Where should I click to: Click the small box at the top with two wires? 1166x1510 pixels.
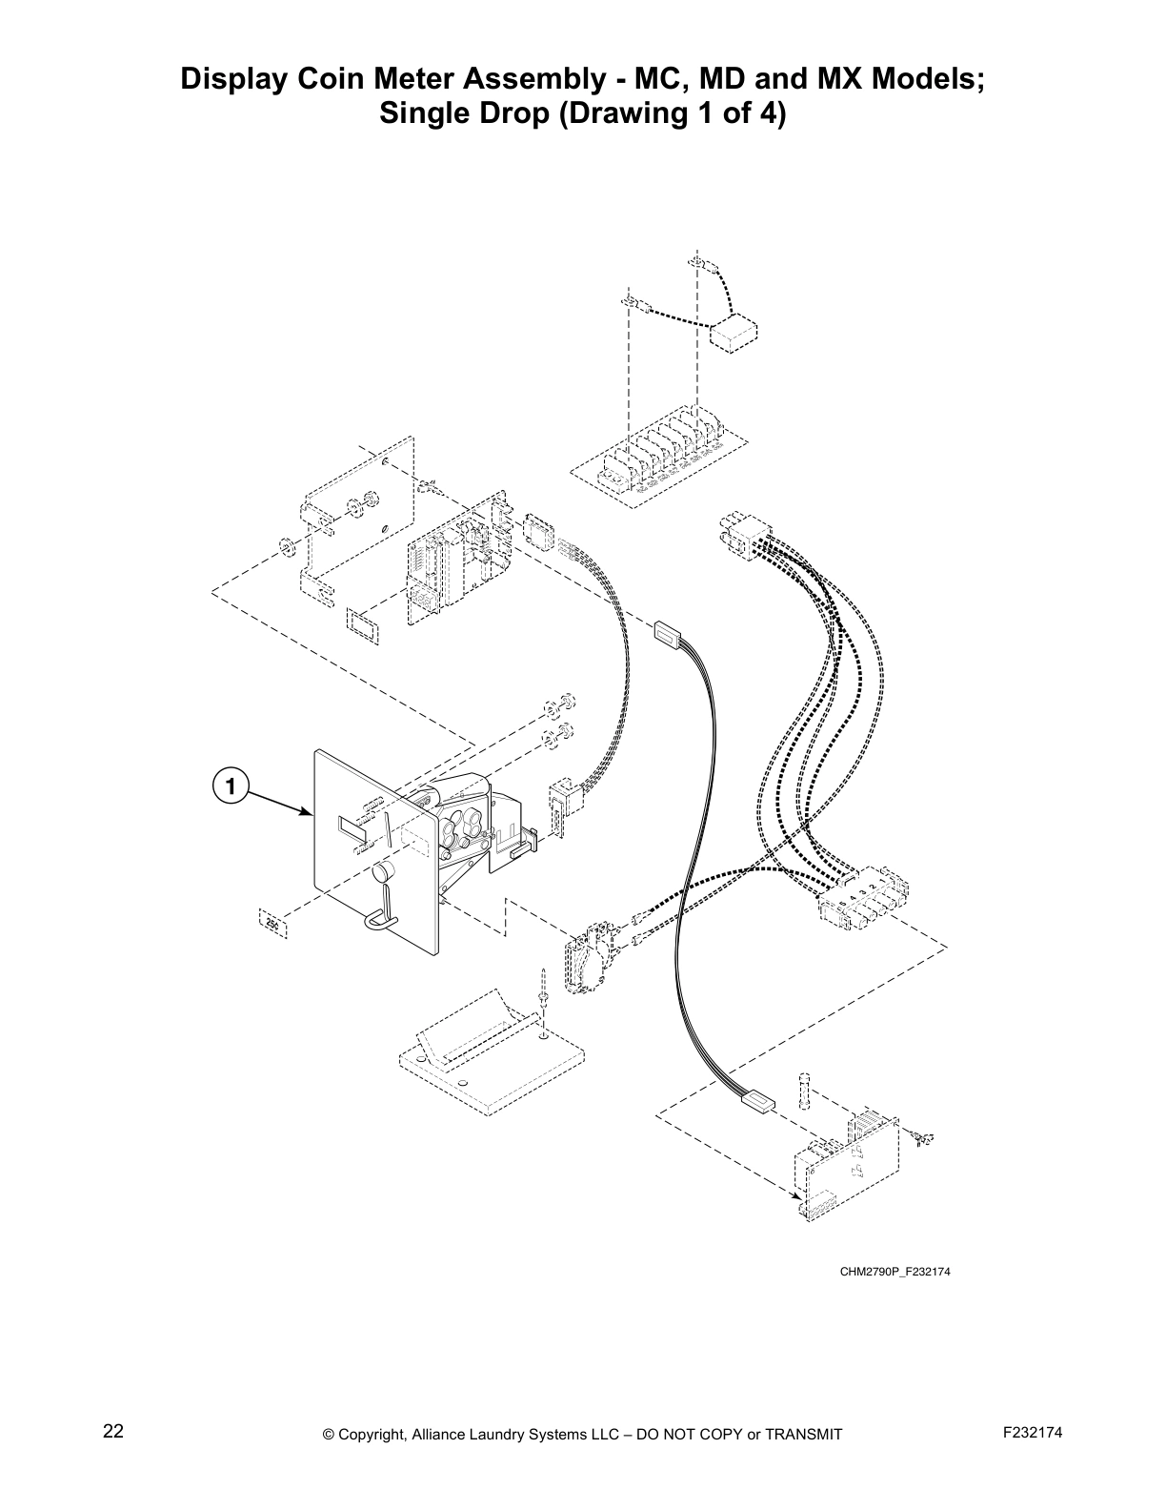click(734, 335)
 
